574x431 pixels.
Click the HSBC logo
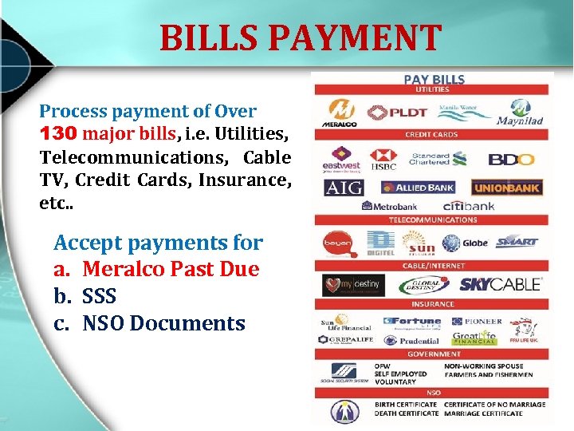pos(384,159)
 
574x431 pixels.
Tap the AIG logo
pos(344,188)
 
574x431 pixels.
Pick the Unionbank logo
pos(506,188)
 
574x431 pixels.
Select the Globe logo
pos(465,243)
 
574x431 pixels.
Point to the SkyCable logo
pos(501,283)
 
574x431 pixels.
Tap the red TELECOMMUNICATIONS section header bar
pos(433,219)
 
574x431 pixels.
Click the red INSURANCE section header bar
pos(433,304)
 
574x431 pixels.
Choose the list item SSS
pos(99,296)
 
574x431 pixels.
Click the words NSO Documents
pos(163,323)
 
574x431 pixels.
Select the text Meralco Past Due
pos(171,269)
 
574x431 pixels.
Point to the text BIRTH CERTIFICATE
pos(406,405)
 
